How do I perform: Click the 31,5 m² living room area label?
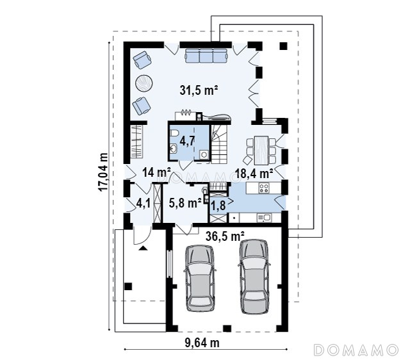199,90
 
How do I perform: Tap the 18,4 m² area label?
254,173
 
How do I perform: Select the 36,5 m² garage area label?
225,236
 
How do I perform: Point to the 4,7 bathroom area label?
187,141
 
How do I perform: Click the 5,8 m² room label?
185,202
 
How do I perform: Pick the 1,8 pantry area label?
218,206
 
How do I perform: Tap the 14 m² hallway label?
156,172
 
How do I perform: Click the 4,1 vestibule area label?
143,204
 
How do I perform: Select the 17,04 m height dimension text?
104,172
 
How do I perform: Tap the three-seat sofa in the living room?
206,56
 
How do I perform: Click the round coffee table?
144,83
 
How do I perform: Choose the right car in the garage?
254,277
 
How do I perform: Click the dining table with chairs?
261,150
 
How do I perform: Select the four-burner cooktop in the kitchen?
263,188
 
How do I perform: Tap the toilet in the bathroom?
174,133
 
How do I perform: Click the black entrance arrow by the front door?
143,248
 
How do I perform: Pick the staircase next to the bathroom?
219,144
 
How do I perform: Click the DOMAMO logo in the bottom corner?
356,350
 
